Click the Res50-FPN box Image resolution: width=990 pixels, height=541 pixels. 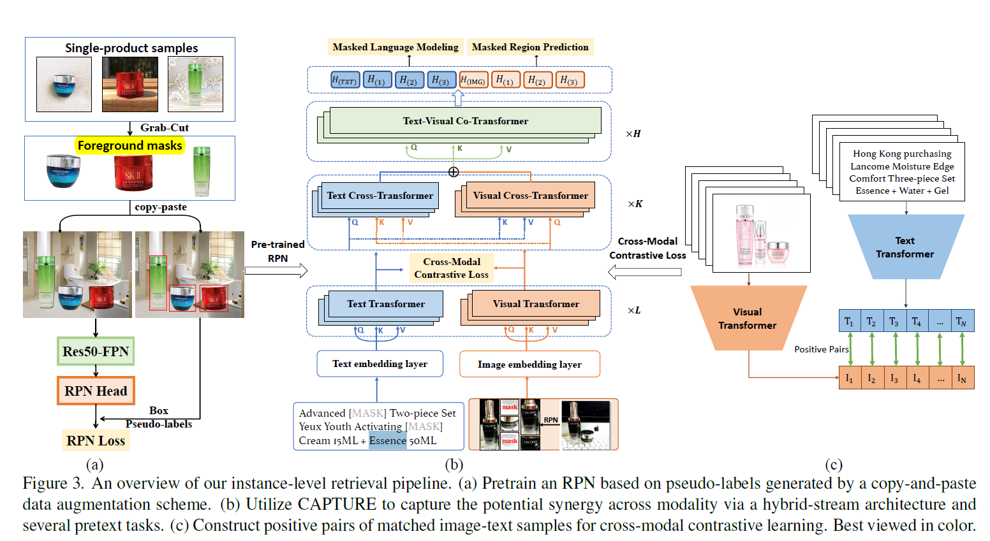click(96, 351)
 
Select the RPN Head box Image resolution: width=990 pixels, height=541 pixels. click(96, 391)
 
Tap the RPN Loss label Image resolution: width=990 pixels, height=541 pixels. click(96, 440)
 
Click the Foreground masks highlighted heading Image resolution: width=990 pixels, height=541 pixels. click(130, 145)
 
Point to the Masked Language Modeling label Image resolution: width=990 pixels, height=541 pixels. click(395, 47)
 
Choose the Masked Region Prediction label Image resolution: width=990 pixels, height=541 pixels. click(530, 47)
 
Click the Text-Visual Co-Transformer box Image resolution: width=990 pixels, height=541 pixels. click(465, 120)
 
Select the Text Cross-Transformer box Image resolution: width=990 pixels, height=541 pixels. click(380, 196)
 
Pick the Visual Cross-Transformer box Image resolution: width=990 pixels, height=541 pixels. click(530, 196)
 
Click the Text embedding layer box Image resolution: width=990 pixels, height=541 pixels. click(380, 363)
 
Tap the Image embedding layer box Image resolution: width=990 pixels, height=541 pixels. click(529, 364)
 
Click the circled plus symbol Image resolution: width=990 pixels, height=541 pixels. click(454, 172)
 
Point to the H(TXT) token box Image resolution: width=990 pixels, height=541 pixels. click(344, 80)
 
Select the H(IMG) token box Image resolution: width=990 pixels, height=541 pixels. click(473, 80)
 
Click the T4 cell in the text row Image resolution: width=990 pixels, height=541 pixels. click(916, 321)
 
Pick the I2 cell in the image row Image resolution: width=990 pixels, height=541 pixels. click(871, 378)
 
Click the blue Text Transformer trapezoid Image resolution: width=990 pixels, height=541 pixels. click(905, 247)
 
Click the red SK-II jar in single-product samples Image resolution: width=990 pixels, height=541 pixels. click(129, 85)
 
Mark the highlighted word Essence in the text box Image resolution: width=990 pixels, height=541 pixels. click(387, 440)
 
